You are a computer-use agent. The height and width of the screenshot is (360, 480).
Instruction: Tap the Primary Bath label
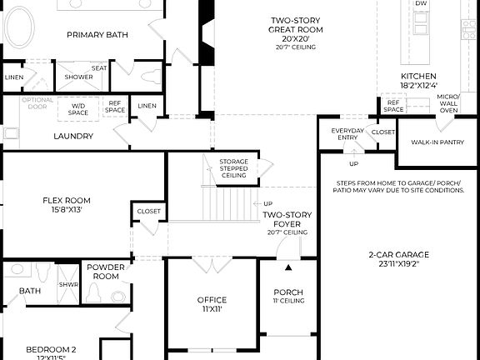pyautogui.click(x=98, y=34)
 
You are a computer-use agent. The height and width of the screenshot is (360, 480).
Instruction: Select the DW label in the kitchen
pyautogui.click(x=421, y=4)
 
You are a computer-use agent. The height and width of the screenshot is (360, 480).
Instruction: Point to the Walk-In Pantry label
pyautogui.click(x=437, y=142)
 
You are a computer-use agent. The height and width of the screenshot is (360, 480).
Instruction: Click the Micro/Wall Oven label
pyautogui.click(x=448, y=103)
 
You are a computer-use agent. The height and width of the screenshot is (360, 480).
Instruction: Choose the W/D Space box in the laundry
pyautogui.click(x=78, y=107)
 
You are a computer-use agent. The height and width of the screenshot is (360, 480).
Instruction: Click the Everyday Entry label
pyautogui.click(x=347, y=135)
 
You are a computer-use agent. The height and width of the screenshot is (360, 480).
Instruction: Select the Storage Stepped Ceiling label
pyautogui.click(x=233, y=168)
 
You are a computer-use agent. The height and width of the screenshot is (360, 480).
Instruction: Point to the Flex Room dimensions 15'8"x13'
pyautogui.click(x=67, y=210)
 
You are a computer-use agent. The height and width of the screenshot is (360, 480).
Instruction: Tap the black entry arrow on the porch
pyautogui.click(x=289, y=267)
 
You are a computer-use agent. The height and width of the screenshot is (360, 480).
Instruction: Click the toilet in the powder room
pyautogui.click(x=94, y=292)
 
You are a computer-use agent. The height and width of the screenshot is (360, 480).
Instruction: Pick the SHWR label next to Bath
pyautogui.click(x=67, y=284)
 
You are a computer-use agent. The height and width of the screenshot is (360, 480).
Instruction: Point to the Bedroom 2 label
pyautogui.click(x=51, y=349)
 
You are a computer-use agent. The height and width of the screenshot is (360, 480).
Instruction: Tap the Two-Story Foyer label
pyautogui.click(x=287, y=219)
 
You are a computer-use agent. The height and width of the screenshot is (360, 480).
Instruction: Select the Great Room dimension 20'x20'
pyautogui.click(x=296, y=38)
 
